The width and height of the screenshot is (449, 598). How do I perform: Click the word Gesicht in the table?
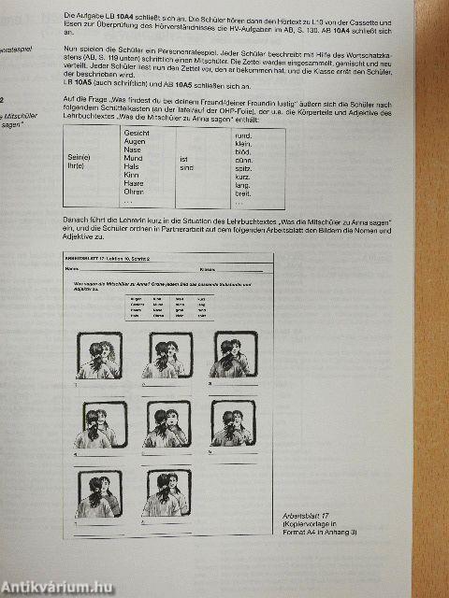pyautogui.click(x=137, y=134)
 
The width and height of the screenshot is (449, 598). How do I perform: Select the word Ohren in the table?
pyautogui.click(x=134, y=192)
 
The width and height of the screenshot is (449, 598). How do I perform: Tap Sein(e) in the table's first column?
pyautogui.click(x=78, y=159)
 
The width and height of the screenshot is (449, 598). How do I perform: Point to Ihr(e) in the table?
pyautogui.click(x=76, y=168)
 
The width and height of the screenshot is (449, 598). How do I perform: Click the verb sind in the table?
pyautogui.click(x=184, y=168)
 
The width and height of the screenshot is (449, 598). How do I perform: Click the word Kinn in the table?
pyautogui.click(x=132, y=176)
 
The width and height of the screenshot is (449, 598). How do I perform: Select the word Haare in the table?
pyautogui.click(x=134, y=184)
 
